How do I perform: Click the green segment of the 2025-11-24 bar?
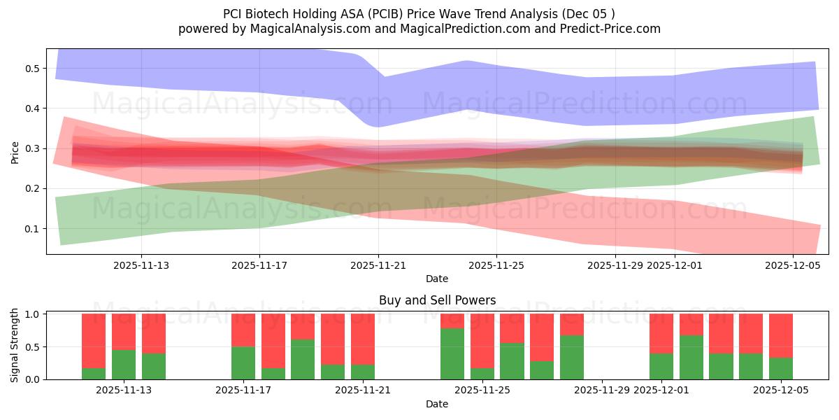coord(452,353)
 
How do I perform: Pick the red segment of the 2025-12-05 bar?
coord(781,336)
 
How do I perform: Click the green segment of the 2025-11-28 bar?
coord(572,357)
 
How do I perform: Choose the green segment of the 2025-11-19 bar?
coord(303,359)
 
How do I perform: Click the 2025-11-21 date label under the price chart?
coord(378,266)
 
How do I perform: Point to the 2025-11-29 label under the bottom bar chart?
coord(602,391)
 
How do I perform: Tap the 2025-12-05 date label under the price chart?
coord(792,266)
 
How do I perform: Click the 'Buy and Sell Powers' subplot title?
coord(437,300)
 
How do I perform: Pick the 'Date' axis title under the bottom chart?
coord(437,404)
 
